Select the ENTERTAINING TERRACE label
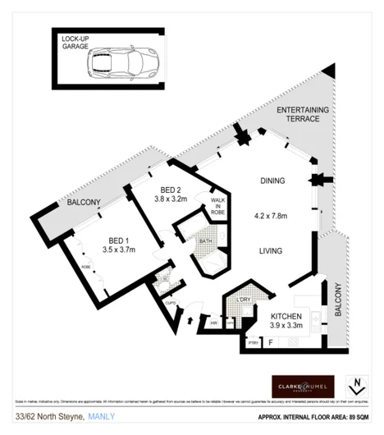point(303,114)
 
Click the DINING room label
point(272,181)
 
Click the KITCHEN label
point(287,317)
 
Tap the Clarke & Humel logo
point(303,386)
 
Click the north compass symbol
point(356,386)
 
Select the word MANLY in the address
point(103,417)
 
